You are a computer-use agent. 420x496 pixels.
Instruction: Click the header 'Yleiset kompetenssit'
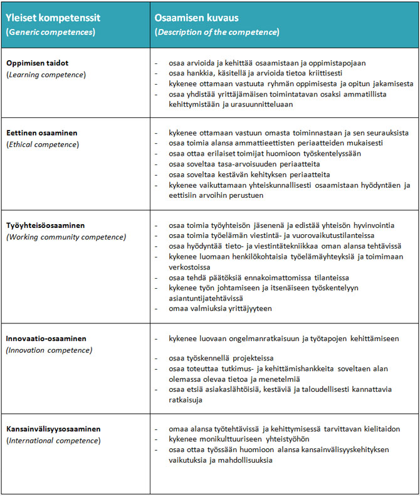point(53,18)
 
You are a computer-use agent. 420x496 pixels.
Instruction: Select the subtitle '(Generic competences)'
point(50,31)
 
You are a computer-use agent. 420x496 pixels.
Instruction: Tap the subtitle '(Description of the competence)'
point(217,31)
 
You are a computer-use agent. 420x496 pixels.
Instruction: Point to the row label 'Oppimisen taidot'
point(37,63)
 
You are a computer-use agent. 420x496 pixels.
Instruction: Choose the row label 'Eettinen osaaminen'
point(43,133)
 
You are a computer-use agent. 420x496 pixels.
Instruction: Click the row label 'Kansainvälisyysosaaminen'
point(53,429)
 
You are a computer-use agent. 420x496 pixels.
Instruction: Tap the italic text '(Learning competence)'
point(46,75)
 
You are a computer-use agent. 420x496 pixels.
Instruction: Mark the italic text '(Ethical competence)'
point(43,144)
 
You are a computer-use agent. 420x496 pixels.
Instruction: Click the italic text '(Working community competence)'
point(66,236)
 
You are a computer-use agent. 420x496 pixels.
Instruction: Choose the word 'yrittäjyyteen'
point(249,309)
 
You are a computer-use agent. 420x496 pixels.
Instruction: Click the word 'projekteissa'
point(254,358)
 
